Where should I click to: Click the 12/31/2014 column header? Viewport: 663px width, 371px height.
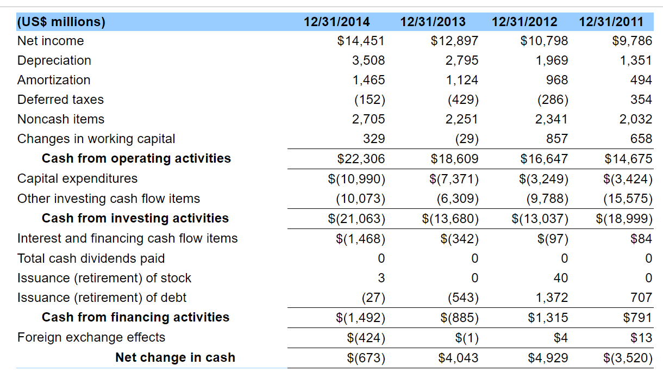coord(336,22)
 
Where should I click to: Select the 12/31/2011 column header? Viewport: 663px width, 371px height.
coord(611,22)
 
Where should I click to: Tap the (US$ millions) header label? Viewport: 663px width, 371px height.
coord(61,22)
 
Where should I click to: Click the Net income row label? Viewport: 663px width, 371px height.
coord(51,41)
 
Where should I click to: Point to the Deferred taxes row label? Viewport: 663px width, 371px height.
coord(60,100)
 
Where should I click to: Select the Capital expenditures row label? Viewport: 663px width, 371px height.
coord(77,178)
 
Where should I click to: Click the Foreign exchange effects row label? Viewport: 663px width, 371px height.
coord(91,337)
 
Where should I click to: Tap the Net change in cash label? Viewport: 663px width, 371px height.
coord(175,357)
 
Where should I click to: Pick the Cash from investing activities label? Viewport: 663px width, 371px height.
coord(135,218)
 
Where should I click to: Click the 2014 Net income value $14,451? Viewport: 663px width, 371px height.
coord(361,41)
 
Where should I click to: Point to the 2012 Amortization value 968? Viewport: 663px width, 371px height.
coord(557,80)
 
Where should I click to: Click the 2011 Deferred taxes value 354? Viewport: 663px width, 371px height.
coord(641,100)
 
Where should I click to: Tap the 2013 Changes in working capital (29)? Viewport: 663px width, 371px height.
coord(467,139)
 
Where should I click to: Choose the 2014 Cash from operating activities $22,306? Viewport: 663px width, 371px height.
coord(361,159)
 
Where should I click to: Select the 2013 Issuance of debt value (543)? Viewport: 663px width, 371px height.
coord(462,298)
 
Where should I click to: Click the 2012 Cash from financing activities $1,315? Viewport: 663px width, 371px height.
coord(548,317)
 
